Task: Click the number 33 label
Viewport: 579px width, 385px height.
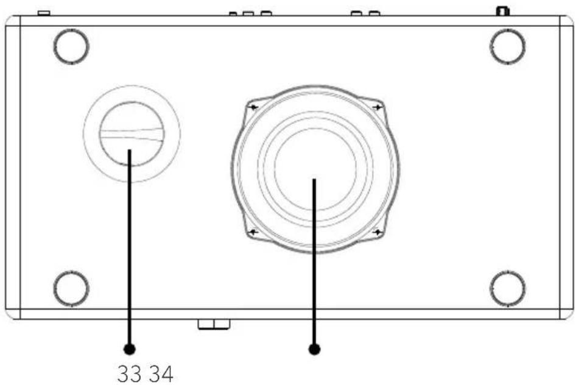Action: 129,374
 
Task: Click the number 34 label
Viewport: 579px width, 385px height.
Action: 161,374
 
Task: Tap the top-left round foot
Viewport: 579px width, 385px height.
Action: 71,46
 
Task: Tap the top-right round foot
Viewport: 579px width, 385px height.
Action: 508,46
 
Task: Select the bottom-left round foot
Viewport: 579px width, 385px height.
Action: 71,289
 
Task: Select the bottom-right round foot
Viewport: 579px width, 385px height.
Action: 508,289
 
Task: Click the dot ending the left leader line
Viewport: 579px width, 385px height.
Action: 129,349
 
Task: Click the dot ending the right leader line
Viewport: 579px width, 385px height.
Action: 314,349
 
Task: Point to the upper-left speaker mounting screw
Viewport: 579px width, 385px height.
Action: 254,107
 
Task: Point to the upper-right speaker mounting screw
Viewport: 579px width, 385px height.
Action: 377,107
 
